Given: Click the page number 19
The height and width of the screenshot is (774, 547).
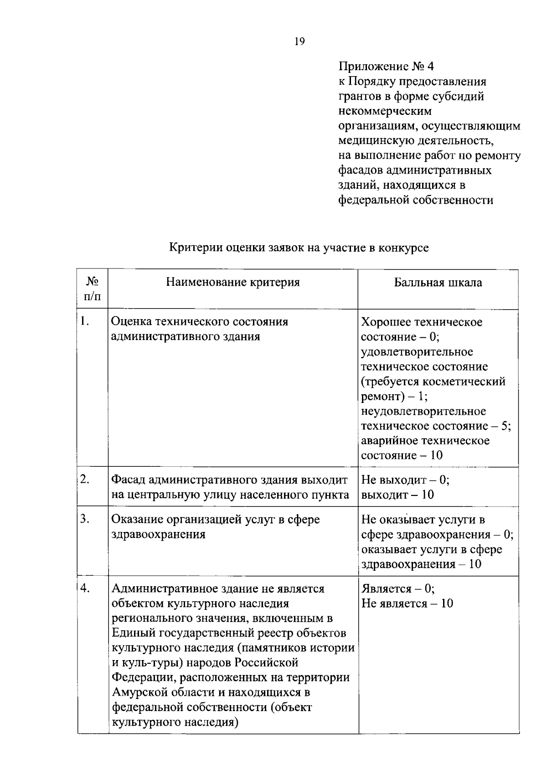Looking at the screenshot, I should pyautogui.click(x=299, y=42).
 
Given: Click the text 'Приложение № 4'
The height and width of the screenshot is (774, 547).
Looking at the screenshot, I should pyautogui.click(x=386, y=67).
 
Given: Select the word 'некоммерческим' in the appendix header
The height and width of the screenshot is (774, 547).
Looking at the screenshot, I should pyautogui.click(x=385, y=111).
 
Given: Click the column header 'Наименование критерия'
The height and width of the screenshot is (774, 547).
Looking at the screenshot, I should pyautogui.click(x=232, y=282).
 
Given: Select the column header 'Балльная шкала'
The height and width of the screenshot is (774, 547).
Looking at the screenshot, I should pyautogui.click(x=438, y=282).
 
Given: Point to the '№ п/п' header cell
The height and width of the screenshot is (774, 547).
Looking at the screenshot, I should pyautogui.click(x=93, y=289).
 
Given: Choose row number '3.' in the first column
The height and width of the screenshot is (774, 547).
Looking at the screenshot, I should pyautogui.click(x=84, y=519).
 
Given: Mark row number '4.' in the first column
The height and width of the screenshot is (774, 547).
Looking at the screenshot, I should pyautogui.click(x=85, y=588).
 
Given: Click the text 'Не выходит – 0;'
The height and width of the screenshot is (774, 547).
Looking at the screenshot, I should pyautogui.click(x=405, y=480).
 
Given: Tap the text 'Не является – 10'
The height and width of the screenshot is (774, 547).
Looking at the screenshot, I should pyautogui.click(x=407, y=604).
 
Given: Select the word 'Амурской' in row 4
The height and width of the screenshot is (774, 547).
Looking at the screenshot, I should pyautogui.click(x=139, y=692).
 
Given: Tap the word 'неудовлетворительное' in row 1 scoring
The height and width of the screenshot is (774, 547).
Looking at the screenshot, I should pyautogui.click(x=423, y=411).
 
